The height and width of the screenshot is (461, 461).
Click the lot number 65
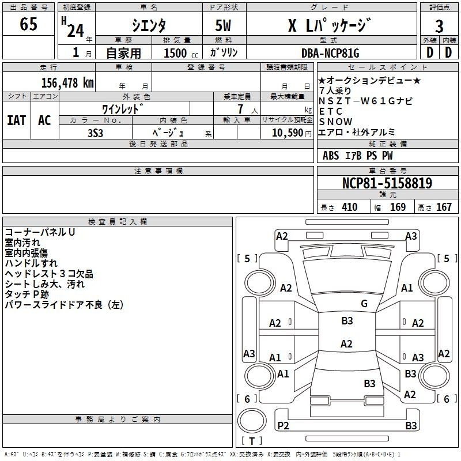(x=28, y=24)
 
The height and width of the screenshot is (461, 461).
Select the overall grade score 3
(x=439, y=26)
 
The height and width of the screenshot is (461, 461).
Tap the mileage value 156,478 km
(x=67, y=83)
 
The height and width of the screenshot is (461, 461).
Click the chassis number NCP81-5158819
(x=387, y=183)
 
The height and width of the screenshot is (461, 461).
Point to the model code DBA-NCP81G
(x=330, y=53)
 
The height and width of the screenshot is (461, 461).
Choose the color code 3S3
(x=95, y=133)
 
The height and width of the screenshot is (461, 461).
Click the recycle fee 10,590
(x=287, y=133)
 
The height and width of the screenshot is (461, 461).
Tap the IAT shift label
(x=17, y=120)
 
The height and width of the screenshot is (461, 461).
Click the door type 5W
(x=223, y=25)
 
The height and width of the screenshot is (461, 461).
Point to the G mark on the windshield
(x=364, y=304)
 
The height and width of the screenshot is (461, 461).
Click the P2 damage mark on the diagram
(x=283, y=425)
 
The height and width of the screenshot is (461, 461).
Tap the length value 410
(x=350, y=207)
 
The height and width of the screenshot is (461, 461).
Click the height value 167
(x=444, y=207)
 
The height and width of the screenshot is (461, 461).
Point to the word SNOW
(x=335, y=122)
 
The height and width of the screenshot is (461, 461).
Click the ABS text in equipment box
(x=331, y=156)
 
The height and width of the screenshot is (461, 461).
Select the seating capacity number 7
(x=240, y=109)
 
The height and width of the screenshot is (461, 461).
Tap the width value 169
(x=398, y=207)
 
